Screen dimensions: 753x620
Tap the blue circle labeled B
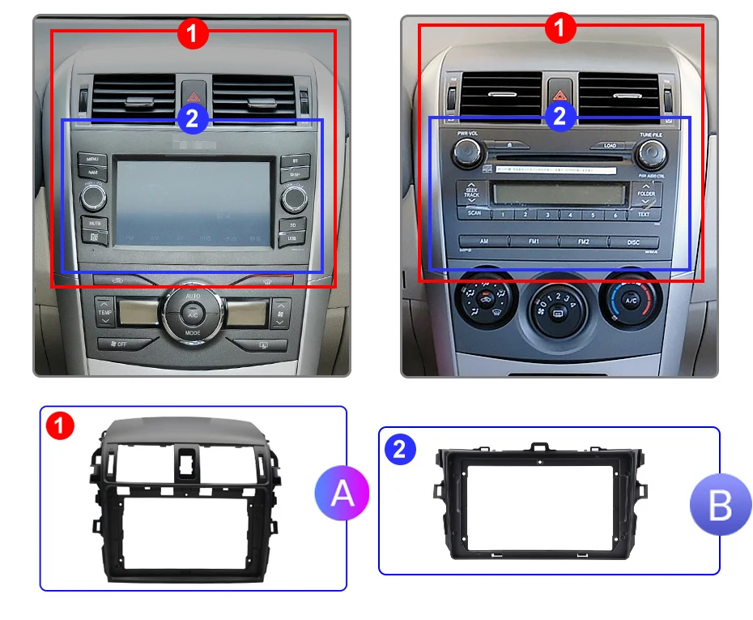720,504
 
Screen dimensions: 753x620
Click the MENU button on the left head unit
92,160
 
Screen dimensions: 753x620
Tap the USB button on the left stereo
291,238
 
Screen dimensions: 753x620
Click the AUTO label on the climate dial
193,297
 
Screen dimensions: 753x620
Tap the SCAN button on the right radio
474,213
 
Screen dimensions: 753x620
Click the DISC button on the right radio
634,242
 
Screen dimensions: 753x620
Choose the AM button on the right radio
483,242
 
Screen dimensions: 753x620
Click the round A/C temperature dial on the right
631,301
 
